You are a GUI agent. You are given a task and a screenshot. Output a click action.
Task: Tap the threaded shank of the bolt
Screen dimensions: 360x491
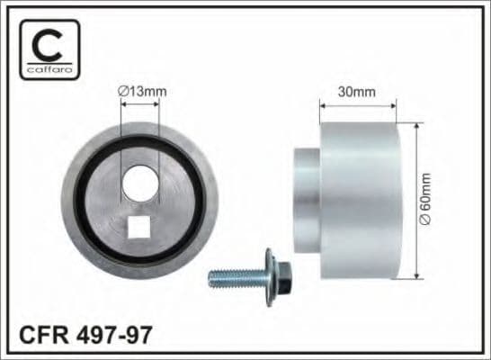[x=234, y=278]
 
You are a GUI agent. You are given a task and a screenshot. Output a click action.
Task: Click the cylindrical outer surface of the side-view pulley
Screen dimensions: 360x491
[x=360, y=198]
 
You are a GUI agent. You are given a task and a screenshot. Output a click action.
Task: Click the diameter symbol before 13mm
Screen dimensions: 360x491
[x=122, y=90]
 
